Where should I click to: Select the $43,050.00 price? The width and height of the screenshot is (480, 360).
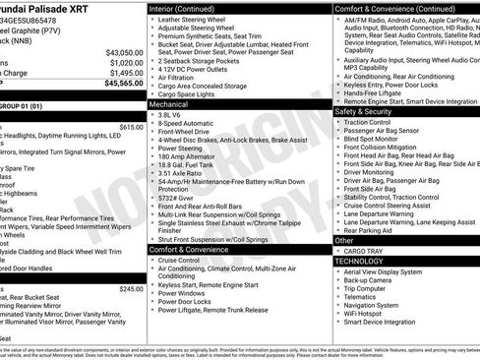(124, 51)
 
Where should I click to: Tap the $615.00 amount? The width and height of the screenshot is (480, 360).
(131, 127)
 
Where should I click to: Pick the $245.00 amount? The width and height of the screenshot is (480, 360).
(131, 289)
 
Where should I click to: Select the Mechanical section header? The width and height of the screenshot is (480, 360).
(169, 102)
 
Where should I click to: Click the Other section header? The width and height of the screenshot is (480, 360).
(344, 240)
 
